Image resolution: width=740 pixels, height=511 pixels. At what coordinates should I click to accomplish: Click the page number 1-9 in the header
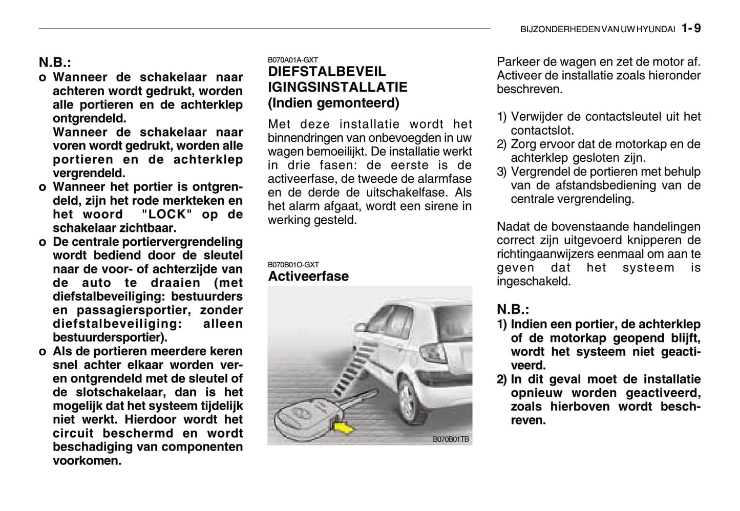tap(691, 29)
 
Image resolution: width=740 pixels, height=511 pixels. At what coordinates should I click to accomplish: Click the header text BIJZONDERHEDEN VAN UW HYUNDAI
tap(598, 30)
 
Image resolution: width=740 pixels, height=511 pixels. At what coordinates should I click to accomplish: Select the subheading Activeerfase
tap(308, 276)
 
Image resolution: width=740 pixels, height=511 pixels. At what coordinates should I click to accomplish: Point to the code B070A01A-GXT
tap(293, 60)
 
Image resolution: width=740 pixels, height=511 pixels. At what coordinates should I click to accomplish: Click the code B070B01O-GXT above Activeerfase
tap(293, 265)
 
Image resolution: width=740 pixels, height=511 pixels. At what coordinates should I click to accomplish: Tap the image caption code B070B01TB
tap(451, 439)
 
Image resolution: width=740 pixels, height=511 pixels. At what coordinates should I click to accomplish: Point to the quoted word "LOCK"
tap(167, 215)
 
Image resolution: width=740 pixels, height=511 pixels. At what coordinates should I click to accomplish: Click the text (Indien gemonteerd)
tap(333, 103)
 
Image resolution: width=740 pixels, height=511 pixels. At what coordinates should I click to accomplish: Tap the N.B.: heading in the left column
tap(55, 63)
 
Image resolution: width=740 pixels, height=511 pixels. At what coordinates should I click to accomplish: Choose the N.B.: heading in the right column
tap(513, 309)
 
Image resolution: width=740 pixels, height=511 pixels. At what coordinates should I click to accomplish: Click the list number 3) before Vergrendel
tap(502, 172)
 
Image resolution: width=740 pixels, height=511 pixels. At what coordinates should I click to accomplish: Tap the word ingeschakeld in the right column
tap(533, 281)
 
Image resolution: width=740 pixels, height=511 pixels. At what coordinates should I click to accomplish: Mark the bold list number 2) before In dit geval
tap(502, 379)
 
